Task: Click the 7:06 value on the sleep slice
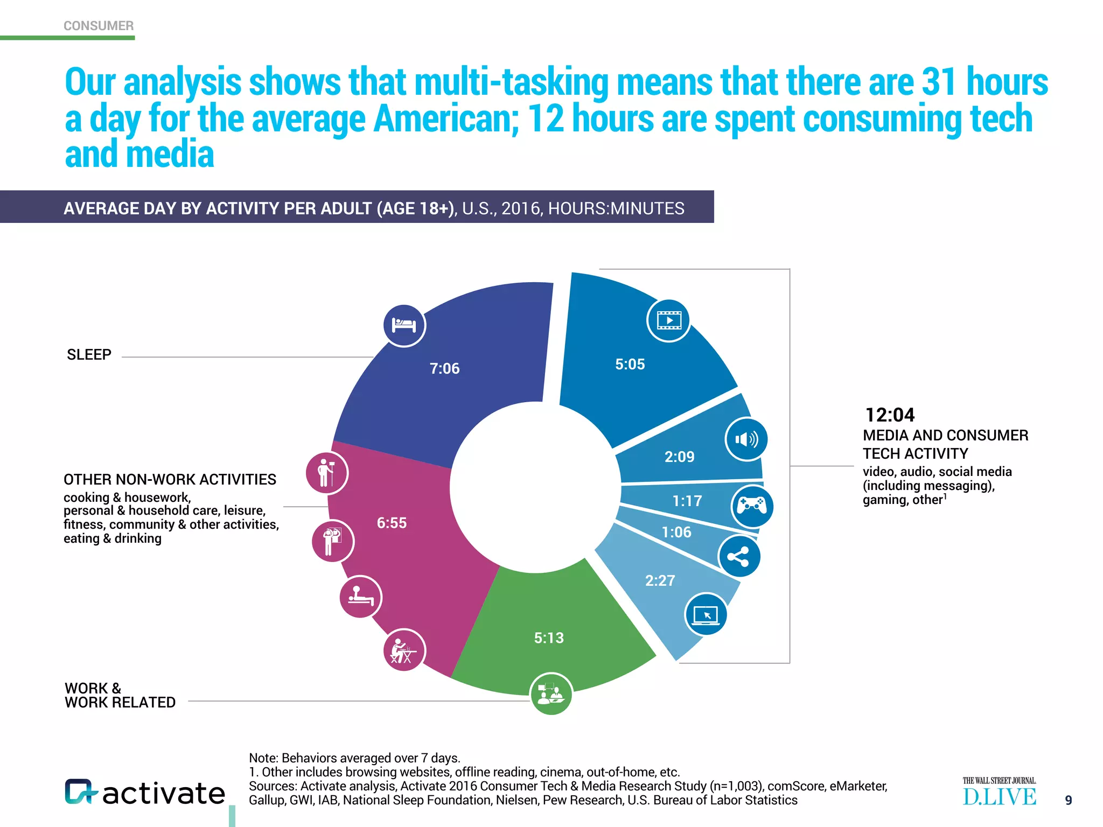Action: (444, 368)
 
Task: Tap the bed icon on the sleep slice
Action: (404, 325)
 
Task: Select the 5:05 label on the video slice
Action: (630, 365)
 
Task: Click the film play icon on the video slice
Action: (668, 321)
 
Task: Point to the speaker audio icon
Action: (746, 439)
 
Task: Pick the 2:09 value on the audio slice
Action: (679, 457)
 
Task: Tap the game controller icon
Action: (752, 506)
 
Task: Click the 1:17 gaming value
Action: (687, 501)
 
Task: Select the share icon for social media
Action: (739, 557)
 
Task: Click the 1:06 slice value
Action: (676, 532)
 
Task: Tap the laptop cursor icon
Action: (706, 614)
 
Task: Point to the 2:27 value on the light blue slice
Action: (660, 580)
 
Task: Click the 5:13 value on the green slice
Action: (549, 638)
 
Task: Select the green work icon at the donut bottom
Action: (551, 693)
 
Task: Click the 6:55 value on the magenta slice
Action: (392, 523)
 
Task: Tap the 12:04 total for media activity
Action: (890, 415)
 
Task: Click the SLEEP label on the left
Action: (89, 355)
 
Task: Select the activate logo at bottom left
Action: (144, 793)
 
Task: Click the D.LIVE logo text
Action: (999, 797)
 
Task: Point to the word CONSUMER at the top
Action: (99, 26)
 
